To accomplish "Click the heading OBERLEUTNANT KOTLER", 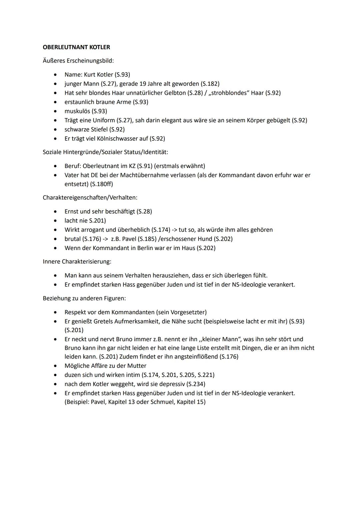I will (x=76, y=47).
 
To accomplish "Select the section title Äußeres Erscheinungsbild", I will (x=78, y=61).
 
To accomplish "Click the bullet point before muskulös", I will (x=55, y=111).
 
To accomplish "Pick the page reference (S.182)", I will (x=210, y=84).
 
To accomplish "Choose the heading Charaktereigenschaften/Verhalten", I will (x=90, y=197).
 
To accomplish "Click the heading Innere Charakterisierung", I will (x=77, y=261).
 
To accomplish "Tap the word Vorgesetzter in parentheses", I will (x=188, y=312).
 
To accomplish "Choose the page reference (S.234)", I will (x=196, y=384).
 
